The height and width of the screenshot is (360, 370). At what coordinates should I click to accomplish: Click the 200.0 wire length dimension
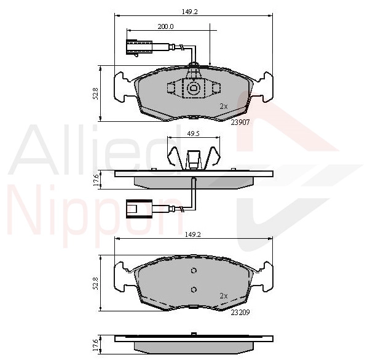click(x=165, y=26)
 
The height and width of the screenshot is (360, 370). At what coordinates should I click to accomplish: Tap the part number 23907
click(x=240, y=122)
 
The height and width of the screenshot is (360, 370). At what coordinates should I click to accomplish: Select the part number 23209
click(x=240, y=313)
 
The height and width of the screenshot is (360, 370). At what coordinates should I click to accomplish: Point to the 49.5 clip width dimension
click(x=193, y=134)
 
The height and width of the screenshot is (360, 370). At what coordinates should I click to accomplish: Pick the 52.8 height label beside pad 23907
click(x=95, y=94)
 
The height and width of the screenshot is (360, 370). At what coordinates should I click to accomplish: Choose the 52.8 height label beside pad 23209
click(x=95, y=284)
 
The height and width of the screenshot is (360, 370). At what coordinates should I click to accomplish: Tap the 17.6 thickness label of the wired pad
click(x=95, y=180)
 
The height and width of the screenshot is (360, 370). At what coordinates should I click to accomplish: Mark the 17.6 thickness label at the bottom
click(x=95, y=345)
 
